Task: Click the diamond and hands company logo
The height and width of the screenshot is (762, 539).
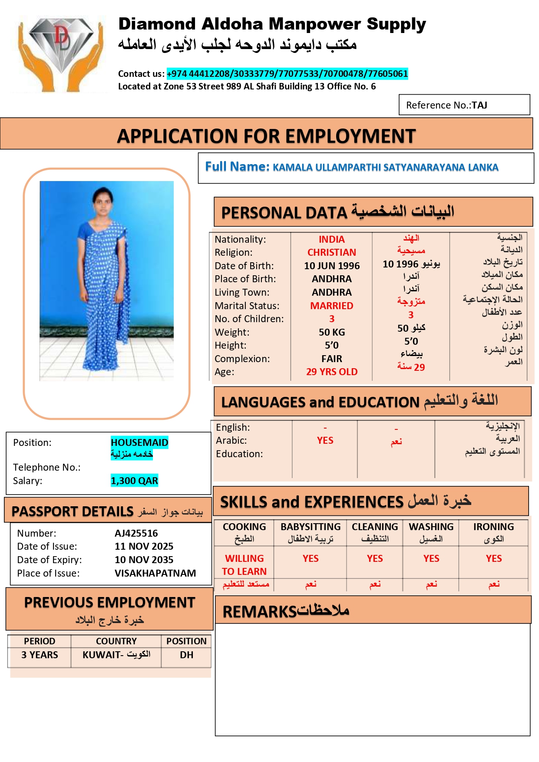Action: [x=60, y=53]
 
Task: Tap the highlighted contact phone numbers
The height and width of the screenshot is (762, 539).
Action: [x=287, y=74]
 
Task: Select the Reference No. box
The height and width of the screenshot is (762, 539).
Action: [x=464, y=105]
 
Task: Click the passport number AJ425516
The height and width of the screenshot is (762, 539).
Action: [x=136, y=533]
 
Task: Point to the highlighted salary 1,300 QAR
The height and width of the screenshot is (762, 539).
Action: [x=134, y=481]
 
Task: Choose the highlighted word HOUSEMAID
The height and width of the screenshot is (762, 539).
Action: [x=139, y=442]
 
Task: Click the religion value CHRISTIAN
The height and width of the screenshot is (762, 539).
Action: [x=331, y=253]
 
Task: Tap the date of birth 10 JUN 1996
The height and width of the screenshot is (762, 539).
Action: [x=331, y=266]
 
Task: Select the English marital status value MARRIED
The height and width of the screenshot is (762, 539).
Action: [x=331, y=306]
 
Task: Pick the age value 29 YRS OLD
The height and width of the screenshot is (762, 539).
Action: [x=331, y=372]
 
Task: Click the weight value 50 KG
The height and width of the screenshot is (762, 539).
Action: [x=331, y=333]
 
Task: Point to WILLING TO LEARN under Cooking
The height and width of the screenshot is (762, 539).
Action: [x=244, y=565]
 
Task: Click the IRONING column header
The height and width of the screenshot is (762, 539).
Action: [x=493, y=527]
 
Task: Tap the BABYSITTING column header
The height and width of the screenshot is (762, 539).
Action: [x=310, y=527]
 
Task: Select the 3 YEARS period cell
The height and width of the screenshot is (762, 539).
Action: [x=40, y=655]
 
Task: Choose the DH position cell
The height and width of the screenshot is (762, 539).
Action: [x=186, y=655]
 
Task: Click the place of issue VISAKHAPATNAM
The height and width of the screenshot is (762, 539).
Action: [x=155, y=573]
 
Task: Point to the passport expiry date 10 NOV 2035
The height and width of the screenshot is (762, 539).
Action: [x=144, y=560]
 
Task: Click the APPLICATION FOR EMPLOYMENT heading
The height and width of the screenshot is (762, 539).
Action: [x=266, y=136]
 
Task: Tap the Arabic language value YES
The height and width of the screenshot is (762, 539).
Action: [x=325, y=441]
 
